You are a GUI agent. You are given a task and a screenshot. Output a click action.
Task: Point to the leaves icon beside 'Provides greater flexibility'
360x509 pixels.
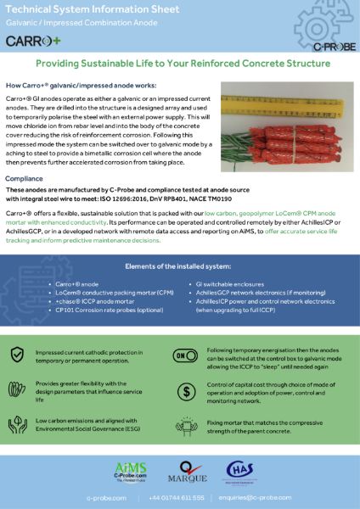17,391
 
